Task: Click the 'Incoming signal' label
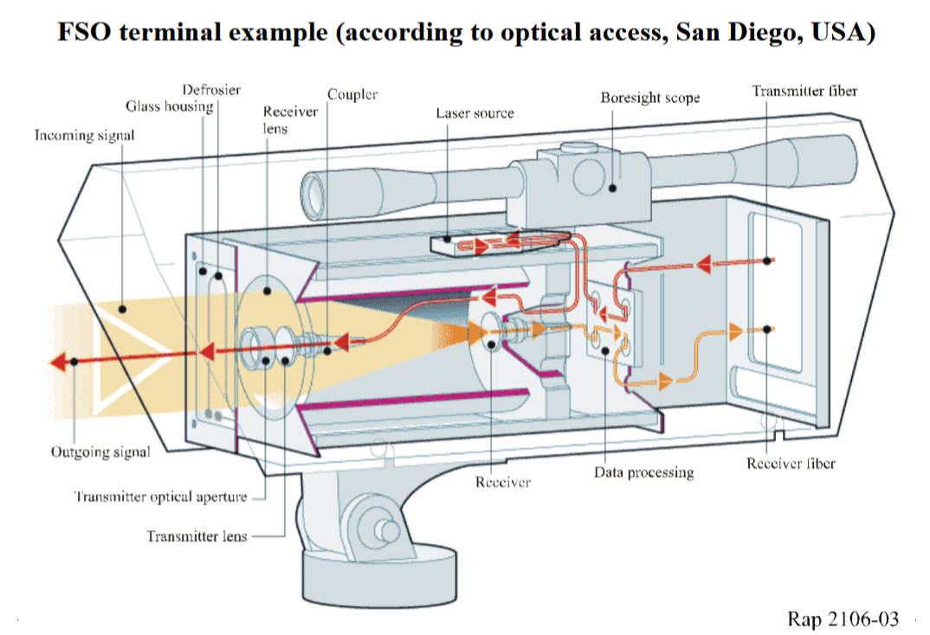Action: pyautogui.click(x=84, y=136)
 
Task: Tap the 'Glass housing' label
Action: pyautogui.click(x=169, y=106)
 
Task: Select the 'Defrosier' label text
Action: pyautogui.click(x=211, y=90)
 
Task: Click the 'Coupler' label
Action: pyautogui.click(x=352, y=94)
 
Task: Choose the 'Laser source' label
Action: pyautogui.click(x=475, y=113)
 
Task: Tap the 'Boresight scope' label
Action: pyautogui.click(x=649, y=98)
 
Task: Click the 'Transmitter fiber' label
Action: pyautogui.click(x=804, y=91)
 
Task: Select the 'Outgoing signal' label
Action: pyautogui.click(x=100, y=452)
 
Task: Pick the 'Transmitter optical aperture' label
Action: pyautogui.click(x=160, y=497)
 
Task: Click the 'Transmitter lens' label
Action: pyautogui.click(x=197, y=536)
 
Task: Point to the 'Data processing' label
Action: pyautogui.click(x=643, y=472)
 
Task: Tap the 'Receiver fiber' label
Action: pyautogui.click(x=791, y=464)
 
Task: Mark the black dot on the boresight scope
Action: pyautogui.click(x=612, y=186)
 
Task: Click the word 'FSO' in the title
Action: pyautogui.click(x=85, y=33)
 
